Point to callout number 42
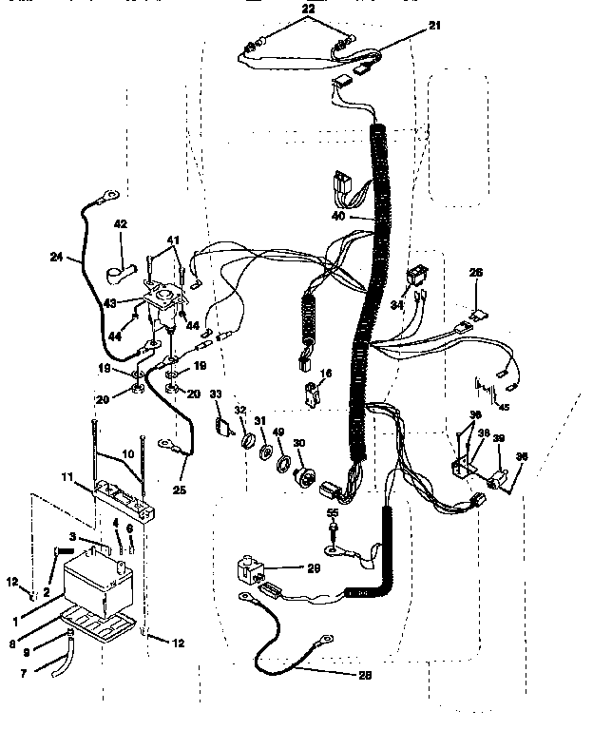click(x=120, y=224)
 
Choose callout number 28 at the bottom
click(x=365, y=675)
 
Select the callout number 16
click(x=326, y=375)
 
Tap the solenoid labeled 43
click(x=164, y=302)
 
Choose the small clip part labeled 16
click(x=310, y=394)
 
